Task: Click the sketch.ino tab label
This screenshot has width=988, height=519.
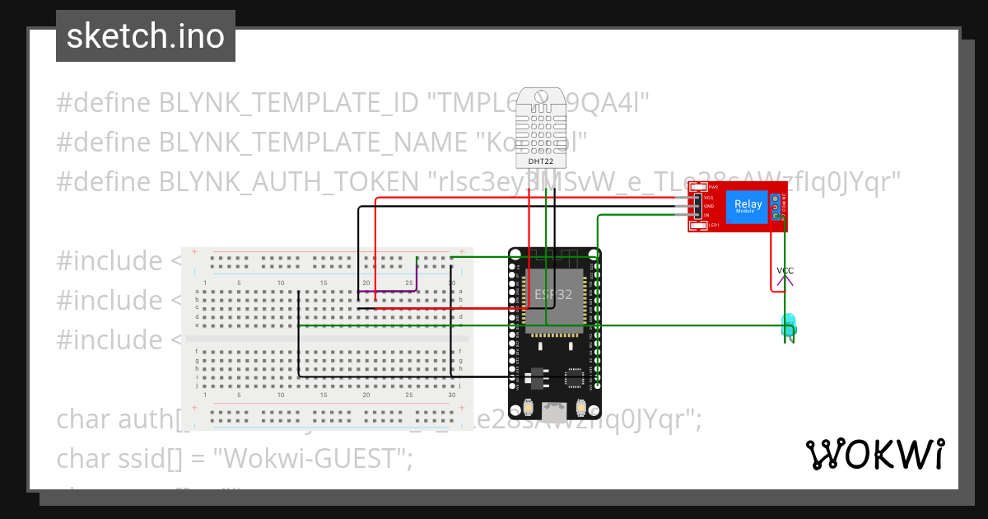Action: [x=146, y=36]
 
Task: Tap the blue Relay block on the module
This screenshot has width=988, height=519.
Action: [x=748, y=206]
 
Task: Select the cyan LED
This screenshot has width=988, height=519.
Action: [x=788, y=323]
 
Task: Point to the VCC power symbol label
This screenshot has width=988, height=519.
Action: [x=785, y=270]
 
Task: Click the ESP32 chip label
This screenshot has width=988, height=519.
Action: [x=553, y=294]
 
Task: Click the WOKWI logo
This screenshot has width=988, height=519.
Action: [x=874, y=454]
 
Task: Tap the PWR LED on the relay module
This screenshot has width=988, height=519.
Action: [x=700, y=188]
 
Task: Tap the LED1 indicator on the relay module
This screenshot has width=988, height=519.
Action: [x=700, y=224]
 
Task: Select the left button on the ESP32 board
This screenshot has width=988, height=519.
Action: [x=528, y=407]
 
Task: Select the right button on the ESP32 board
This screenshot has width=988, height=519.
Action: [x=582, y=407]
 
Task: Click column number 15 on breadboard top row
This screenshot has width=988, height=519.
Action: [x=324, y=283]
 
